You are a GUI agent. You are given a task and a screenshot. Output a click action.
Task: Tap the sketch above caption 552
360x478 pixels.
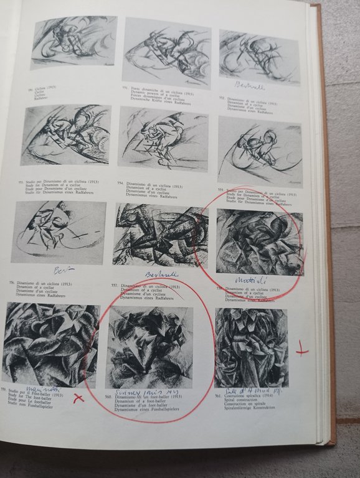(x=259, y=56)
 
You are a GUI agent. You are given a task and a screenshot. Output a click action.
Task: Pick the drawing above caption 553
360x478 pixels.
(x=65, y=134)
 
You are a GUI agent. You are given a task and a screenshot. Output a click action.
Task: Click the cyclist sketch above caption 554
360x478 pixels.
(x=163, y=138)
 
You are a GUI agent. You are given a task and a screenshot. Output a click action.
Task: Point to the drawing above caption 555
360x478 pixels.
(x=260, y=150)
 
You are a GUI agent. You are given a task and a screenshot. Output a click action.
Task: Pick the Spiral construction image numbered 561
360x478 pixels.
(x=251, y=347)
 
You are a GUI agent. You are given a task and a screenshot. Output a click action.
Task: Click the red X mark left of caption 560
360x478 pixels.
(x=78, y=399)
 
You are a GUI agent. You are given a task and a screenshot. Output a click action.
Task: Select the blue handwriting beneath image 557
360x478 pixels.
(x=161, y=273)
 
